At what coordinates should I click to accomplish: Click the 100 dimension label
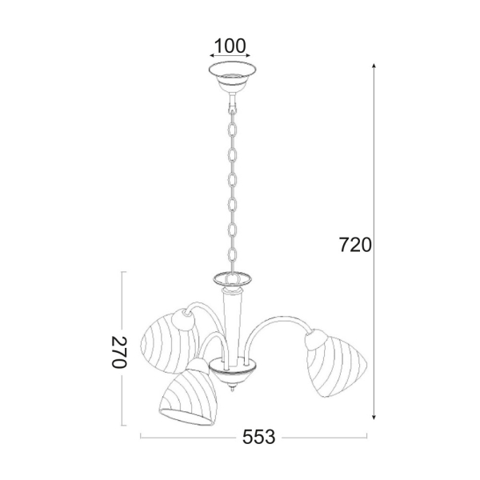[230, 46]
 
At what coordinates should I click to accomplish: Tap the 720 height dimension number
[355, 245]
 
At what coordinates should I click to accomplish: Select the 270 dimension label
[118, 352]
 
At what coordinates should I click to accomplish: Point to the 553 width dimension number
[258, 437]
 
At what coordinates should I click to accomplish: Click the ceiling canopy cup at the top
[232, 77]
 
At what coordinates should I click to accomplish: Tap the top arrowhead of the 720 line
[374, 66]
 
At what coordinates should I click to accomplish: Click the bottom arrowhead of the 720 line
[374, 417]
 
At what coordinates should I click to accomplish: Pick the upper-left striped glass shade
[167, 344]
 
